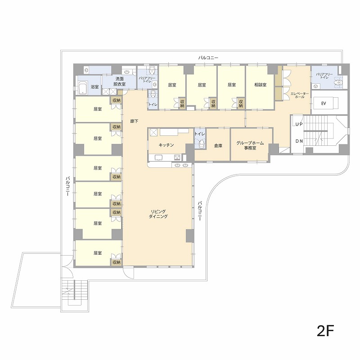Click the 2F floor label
tap(325, 331)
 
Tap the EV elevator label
tap(324, 103)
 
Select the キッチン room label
tap(166, 145)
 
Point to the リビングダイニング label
tap(158, 214)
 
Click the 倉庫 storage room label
tap(218, 145)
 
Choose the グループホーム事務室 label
tap(250, 145)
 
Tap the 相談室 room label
tap(261, 85)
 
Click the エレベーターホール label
tap(300, 95)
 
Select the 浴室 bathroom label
tap(94, 87)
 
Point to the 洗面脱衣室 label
tap(119, 81)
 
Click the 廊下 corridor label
tap(134, 121)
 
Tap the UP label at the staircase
tap(299, 124)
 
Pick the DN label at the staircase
tap(299, 141)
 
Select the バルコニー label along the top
tap(208, 58)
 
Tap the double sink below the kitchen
tap(181, 165)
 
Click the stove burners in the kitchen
tap(177, 157)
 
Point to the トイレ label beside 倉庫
tap(200, 134)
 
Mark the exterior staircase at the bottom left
tap(75, 293)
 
